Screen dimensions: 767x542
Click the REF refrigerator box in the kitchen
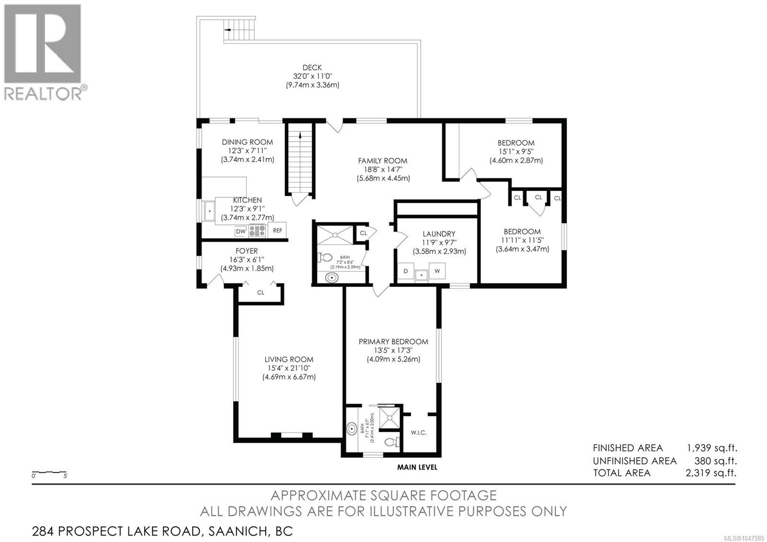277,231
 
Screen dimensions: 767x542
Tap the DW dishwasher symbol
241,232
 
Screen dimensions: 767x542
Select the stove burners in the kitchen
257,231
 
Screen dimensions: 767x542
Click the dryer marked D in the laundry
406,271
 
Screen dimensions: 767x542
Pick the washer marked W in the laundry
437,271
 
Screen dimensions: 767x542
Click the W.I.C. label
418,433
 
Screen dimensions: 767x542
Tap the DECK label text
312,68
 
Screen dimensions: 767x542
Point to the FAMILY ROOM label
383,161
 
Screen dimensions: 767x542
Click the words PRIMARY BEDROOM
393,342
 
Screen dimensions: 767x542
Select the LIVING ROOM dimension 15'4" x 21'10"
289,368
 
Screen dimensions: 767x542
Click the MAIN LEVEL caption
417,467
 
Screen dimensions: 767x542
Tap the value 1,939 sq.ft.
712,448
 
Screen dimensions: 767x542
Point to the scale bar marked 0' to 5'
49,472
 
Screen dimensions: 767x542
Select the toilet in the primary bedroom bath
392,442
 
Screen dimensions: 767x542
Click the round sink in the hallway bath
331,277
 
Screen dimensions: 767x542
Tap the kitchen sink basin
209,211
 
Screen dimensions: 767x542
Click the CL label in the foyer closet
261,292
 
